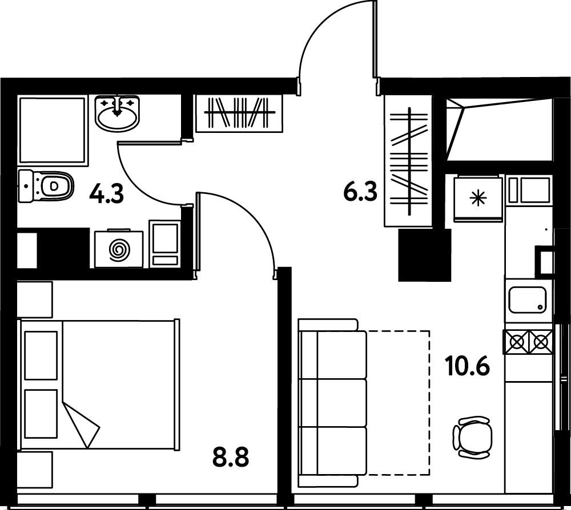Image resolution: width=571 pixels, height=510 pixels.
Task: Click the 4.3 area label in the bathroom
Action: point(107,194)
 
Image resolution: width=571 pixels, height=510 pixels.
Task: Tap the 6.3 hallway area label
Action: point(360,192)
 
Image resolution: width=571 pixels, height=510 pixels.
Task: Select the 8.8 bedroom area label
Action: point(231,458)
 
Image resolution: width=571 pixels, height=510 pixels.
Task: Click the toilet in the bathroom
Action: point(46,186)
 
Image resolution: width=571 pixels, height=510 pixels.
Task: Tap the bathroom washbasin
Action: point(117,112)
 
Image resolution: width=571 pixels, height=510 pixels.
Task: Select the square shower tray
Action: point(53,130)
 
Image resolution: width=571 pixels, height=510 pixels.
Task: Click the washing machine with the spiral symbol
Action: point(119,249)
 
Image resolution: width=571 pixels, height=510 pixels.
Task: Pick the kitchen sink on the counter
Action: point(528,299)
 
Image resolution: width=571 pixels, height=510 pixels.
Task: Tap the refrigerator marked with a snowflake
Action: point(478,199)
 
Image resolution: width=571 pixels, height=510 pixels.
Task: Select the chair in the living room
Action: point(472,437)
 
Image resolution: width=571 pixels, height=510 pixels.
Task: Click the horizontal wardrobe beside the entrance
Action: point(239,113)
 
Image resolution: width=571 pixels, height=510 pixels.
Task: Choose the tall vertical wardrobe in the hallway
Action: point(408,161)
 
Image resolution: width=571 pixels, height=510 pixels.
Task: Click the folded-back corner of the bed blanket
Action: point(81,425)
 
